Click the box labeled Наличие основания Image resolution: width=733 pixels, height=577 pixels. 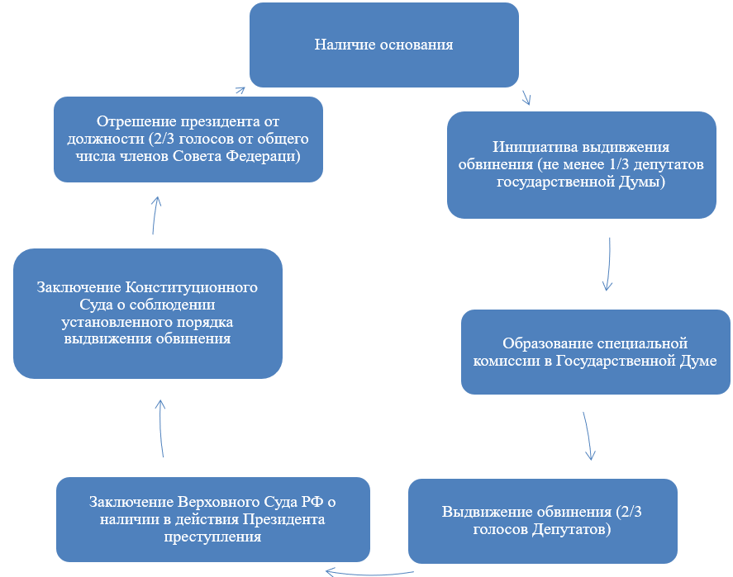(x=383, y=45)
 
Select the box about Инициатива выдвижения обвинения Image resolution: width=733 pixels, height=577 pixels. (x=582, y=165)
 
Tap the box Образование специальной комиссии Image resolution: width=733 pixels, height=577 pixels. (x=596, y=352)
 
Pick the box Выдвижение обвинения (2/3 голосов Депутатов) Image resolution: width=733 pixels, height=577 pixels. (x=543, y=521)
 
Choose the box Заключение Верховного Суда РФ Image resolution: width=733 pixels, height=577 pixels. (x=213, y=519)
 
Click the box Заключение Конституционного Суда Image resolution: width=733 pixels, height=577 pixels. (x=148, y=313)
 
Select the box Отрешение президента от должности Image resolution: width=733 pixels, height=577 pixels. (x=188, y=140)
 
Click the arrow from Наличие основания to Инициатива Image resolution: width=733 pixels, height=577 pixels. (x=526, y=97)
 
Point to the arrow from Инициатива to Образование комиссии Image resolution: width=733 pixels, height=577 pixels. (x=609, y=264)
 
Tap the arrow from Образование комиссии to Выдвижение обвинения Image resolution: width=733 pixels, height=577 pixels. (x=588, y=436)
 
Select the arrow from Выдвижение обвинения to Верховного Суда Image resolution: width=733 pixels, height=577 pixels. (x=369, y=573)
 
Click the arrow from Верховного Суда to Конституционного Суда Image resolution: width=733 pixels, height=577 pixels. (x=160, y=428)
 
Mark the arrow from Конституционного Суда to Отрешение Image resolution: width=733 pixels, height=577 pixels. (x=155, y=215)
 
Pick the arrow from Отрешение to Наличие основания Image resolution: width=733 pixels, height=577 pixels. (x=240, y=90)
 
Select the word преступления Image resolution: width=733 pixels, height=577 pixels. (x=212, y=537)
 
